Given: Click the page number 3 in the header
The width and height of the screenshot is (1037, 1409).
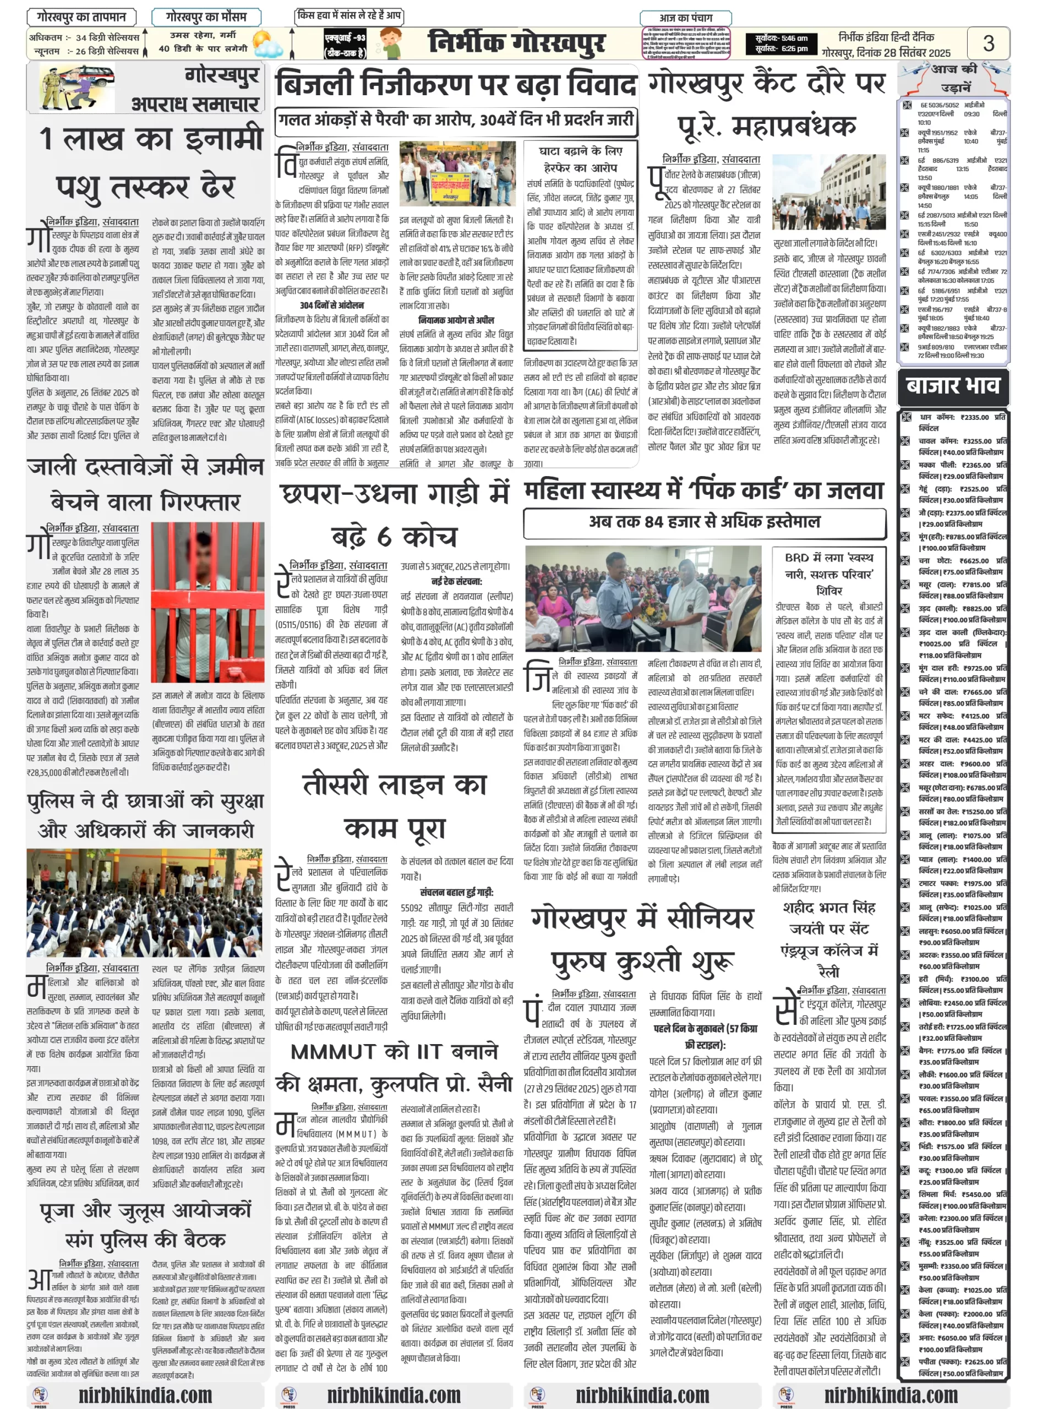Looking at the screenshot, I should pyautogui.click(x=988, y=43).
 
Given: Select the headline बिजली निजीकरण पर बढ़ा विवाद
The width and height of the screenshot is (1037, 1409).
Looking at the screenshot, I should pyautogui.click(x=456, y=84).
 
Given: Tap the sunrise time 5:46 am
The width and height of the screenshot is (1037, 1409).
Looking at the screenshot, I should pyautogui.click(x=782, y=39).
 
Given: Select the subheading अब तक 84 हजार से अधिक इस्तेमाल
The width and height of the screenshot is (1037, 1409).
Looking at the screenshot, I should pyautogui.click(x=705, y=522).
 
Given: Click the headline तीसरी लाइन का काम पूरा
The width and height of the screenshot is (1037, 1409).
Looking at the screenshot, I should pyautogui.click(x=394, y=807).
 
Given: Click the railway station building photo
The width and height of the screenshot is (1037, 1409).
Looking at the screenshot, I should pyautogui.click(x=828, y=192).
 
